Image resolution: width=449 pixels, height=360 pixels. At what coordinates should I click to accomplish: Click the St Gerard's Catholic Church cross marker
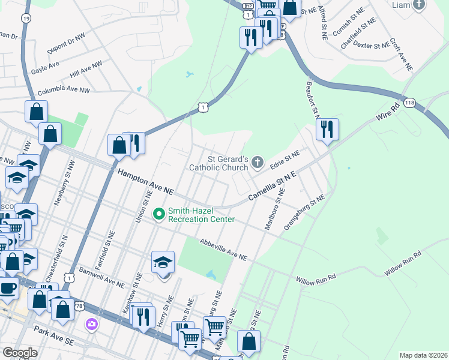coord(258,161)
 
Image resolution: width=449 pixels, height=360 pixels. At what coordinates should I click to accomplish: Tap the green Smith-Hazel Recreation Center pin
coord(159,214)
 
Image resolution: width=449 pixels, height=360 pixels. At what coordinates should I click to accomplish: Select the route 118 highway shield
coord(409,103)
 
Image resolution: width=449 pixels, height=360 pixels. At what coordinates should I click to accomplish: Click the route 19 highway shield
coord(25,19)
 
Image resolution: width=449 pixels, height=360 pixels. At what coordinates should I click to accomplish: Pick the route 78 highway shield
coord(79,306)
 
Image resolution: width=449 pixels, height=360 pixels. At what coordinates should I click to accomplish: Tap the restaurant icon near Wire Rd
coord(327,129)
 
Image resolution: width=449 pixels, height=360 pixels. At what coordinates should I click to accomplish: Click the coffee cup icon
coord(8,287)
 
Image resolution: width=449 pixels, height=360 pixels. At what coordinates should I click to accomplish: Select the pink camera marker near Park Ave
coord(92,325)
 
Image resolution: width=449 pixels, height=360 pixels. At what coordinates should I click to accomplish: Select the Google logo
coord(20,353)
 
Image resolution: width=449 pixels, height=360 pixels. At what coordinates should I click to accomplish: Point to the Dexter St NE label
coord(372,45)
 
